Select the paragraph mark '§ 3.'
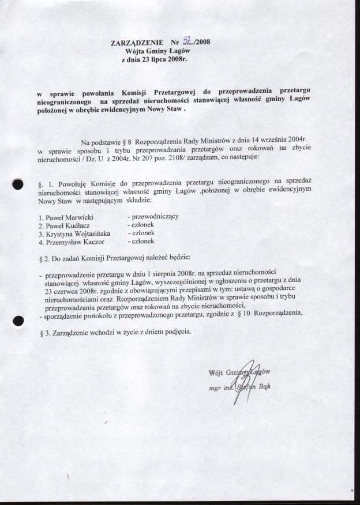click(47, 334)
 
